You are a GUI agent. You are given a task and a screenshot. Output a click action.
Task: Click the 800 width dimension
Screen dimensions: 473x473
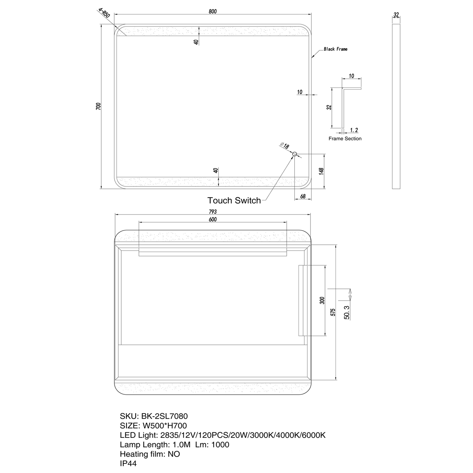coord(213,12)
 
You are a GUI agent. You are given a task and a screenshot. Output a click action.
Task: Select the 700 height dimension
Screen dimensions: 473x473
coord(98,106)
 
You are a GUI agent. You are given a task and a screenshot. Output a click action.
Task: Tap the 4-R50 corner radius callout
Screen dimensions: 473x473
coord(104,13)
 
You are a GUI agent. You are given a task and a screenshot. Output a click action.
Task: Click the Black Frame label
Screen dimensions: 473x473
coord(336,49)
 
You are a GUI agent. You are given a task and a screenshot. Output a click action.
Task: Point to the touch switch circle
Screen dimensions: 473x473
coord(294,154)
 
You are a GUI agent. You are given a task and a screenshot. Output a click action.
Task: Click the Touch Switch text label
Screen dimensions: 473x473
coord(234,200)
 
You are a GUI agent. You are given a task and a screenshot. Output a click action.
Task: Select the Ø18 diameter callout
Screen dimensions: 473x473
coord(284,145)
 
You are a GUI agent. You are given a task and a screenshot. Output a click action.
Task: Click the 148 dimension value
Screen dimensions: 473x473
coord(322,171)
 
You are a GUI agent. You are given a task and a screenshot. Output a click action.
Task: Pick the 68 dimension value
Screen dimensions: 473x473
coord(303,196)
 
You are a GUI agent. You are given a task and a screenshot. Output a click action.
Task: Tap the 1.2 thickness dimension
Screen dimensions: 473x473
coord(354,130)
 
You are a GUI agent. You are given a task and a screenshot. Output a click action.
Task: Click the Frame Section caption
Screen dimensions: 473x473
coord(345,139)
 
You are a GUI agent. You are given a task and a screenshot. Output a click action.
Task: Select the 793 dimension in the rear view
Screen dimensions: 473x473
coord(213,212)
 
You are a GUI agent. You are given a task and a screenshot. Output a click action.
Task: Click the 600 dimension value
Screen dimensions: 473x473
coord(213,219)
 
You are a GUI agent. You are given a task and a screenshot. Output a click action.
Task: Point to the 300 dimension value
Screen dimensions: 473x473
coord(322,301)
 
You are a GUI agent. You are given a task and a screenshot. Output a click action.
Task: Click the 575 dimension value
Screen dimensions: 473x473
coord(333,312)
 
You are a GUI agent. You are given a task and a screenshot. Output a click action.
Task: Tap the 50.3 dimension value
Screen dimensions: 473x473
coord(347,312)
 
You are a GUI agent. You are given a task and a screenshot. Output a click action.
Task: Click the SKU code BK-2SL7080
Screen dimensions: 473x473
coord(164,416)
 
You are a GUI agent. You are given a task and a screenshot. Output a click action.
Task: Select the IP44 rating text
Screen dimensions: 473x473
coord(128,464)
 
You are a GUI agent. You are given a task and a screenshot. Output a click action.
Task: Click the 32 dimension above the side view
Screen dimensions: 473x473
coord(396,14)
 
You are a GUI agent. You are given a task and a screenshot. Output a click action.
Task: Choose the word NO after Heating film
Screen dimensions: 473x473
coord(174,454)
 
